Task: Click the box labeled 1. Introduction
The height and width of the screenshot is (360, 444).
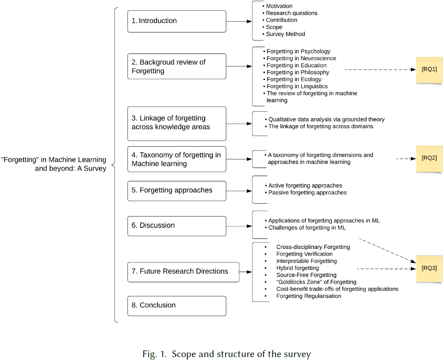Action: (177, 21)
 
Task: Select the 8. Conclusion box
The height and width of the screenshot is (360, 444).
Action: (177, 306)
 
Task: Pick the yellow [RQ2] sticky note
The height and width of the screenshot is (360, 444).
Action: (429, 158)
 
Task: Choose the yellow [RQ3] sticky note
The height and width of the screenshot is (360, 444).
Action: (429, 268)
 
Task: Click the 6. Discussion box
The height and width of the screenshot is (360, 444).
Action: (177, 226)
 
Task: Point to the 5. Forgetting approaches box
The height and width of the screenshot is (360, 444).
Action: (177, 191)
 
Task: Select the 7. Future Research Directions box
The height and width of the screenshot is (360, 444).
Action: (183, 272)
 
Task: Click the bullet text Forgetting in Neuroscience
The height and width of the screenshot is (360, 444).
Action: (301, 58)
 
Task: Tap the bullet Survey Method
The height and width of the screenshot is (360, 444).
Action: (285, 34)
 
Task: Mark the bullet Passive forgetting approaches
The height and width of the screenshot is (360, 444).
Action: (307, 192)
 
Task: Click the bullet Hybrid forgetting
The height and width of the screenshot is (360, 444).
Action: (298, 268)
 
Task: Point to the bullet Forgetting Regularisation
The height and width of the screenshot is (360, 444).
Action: (309, 296)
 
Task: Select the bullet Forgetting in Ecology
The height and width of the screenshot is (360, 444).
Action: (294, 79)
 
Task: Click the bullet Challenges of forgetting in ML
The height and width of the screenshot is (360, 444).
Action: (307, 227)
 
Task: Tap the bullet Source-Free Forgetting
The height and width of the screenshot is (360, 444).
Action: (306, 275)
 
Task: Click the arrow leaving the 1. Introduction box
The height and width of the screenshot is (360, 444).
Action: (239, 21)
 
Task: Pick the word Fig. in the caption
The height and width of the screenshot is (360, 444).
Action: (148, 354)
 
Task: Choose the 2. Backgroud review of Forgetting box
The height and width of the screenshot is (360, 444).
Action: (177, 66)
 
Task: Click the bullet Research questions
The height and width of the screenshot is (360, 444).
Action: (291, 13)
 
